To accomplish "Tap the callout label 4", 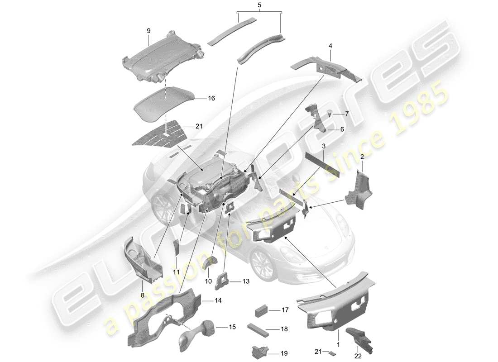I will point(330,46).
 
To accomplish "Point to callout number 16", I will point(211,98).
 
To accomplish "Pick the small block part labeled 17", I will point(261,311).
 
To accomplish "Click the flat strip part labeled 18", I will point(257,328).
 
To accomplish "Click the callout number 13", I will point(245,281).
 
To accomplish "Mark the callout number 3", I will point(324,147).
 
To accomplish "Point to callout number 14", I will point(218,300).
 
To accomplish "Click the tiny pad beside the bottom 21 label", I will point(332,353).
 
